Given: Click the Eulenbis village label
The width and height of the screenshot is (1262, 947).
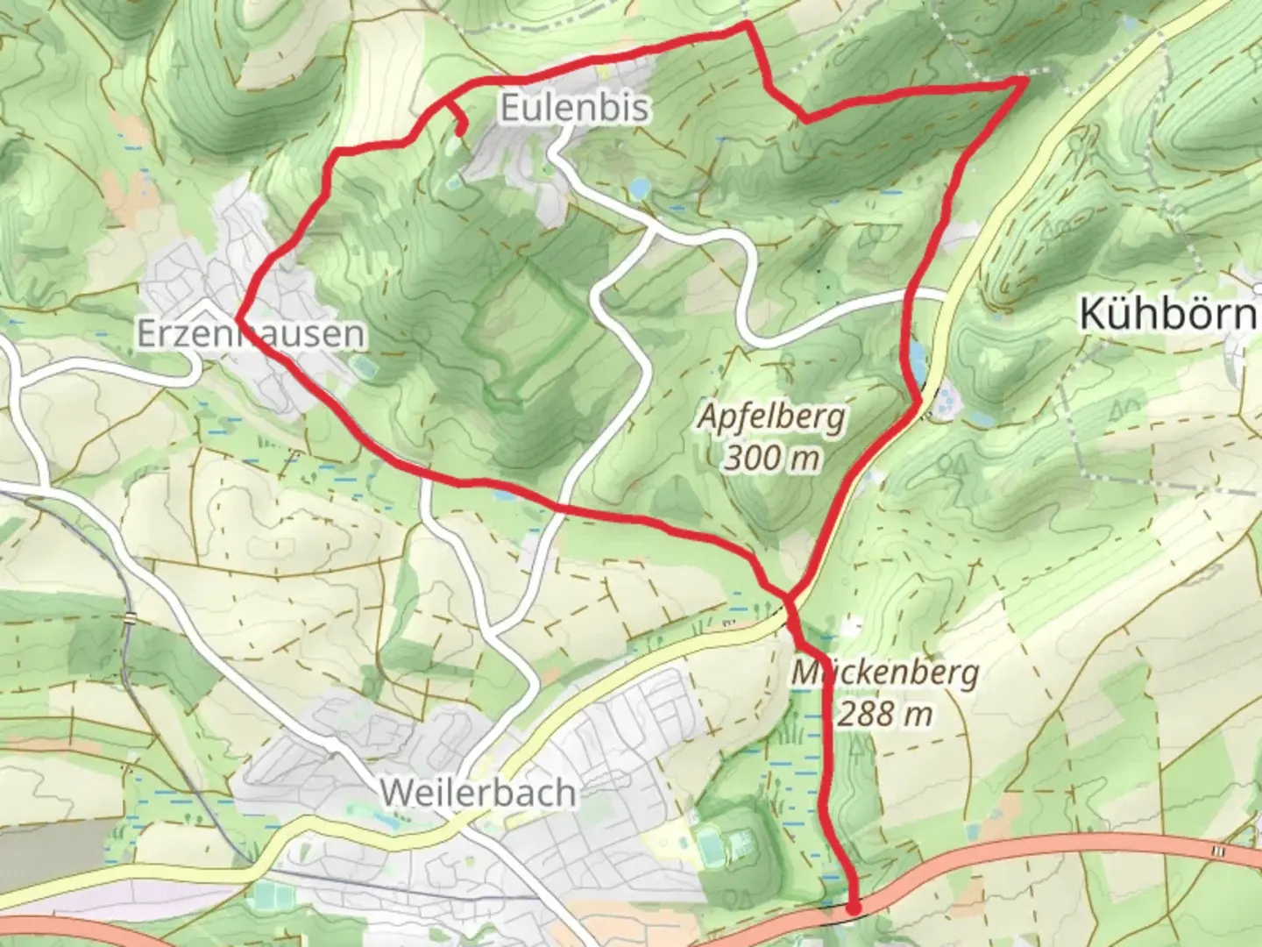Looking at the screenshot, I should (575, 108).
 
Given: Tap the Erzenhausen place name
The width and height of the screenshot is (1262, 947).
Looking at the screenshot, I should (251, 334).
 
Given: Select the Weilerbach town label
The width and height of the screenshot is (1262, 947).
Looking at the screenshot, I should (479, 793).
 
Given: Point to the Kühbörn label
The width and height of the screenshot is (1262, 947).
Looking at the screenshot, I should (1168, 314).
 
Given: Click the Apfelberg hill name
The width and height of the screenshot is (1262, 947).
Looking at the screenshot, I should (772, 417).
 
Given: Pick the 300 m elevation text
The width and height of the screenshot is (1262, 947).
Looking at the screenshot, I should (772, 457).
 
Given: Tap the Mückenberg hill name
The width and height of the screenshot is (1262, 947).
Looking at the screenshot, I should (884, 673).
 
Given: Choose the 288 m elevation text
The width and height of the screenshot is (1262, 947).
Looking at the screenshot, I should (884, 714).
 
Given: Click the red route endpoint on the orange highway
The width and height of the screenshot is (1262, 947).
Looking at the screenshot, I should (853, 909).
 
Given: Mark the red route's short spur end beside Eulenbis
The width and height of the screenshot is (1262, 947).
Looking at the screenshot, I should (461, 132).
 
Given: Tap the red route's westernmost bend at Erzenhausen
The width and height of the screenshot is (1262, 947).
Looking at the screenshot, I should (238, 317).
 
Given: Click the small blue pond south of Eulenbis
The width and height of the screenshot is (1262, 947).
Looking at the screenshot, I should (639, 188).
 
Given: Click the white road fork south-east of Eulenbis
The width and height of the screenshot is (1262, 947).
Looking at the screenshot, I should (650, 229).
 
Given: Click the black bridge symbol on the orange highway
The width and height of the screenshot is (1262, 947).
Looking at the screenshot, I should (1217, 851).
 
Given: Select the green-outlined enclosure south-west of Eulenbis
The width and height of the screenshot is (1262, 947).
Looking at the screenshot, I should (526, 333).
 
